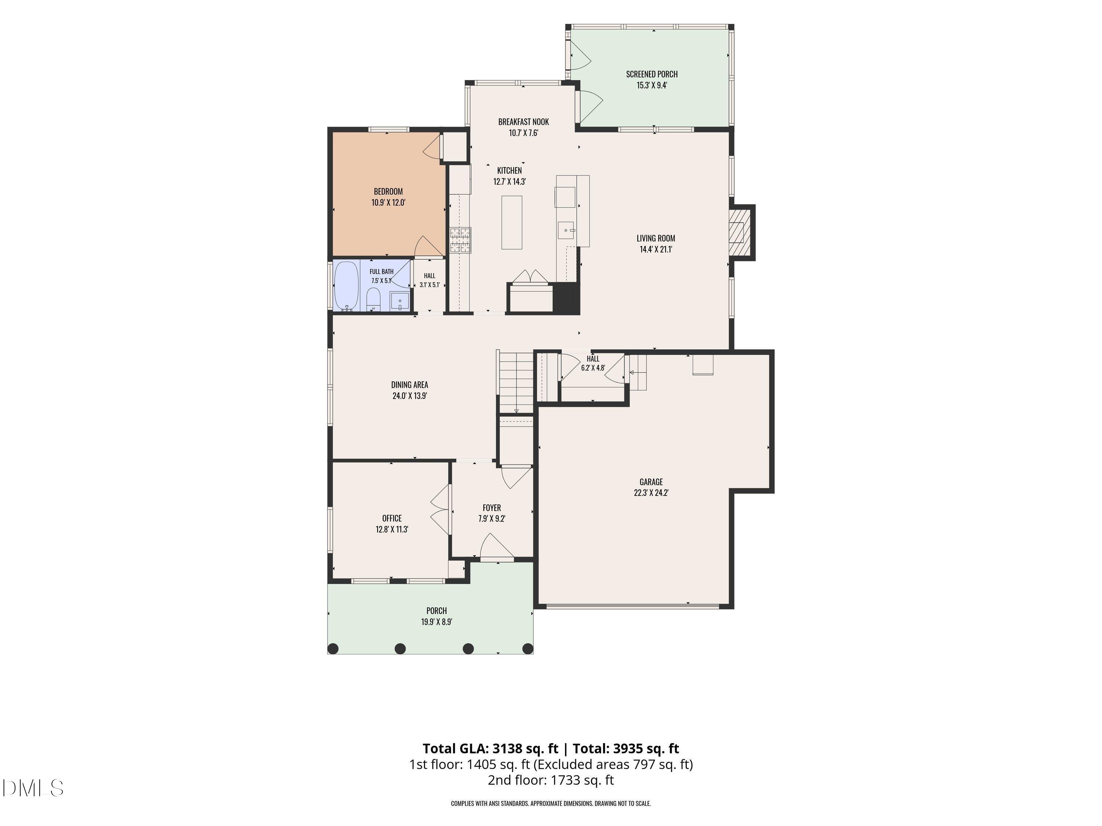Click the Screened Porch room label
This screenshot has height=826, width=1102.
(x=652, y=74)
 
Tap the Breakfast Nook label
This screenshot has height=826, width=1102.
(x=523, y=122)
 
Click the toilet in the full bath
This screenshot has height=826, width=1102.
(x=373, y=300)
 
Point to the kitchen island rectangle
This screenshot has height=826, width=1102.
(x=512, y=222)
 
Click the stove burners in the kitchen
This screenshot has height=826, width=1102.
(x=460, y=240)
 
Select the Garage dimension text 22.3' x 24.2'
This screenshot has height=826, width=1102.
(x=651, y=493)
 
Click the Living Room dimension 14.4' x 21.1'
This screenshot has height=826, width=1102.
(x=656, y=249)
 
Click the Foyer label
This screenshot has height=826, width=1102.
(x=492, y=508)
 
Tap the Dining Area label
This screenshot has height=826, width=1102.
(x=410, y=385)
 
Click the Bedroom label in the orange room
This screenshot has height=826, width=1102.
(x=388, y=192)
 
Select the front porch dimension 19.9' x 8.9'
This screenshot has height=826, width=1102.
(x=436, y=622)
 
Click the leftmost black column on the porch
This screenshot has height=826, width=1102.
(x=333, y=649)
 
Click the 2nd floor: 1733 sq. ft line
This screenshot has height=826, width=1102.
(x=551, y=780)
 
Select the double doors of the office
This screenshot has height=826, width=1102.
(x=440, y=510)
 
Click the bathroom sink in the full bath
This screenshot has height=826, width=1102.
(x=400, y=302)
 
